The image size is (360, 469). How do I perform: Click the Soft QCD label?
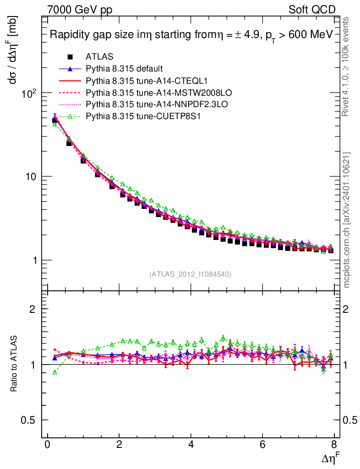(x=312, y=10)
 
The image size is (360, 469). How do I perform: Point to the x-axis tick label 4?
(x=191, y=445)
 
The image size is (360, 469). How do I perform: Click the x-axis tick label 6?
(x=262, y=445)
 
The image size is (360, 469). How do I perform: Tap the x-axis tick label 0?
(x=47, y=445)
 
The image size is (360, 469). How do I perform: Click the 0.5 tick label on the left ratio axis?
(x=29, y=420)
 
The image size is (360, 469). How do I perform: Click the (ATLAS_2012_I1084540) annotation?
(x=190, y=274)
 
